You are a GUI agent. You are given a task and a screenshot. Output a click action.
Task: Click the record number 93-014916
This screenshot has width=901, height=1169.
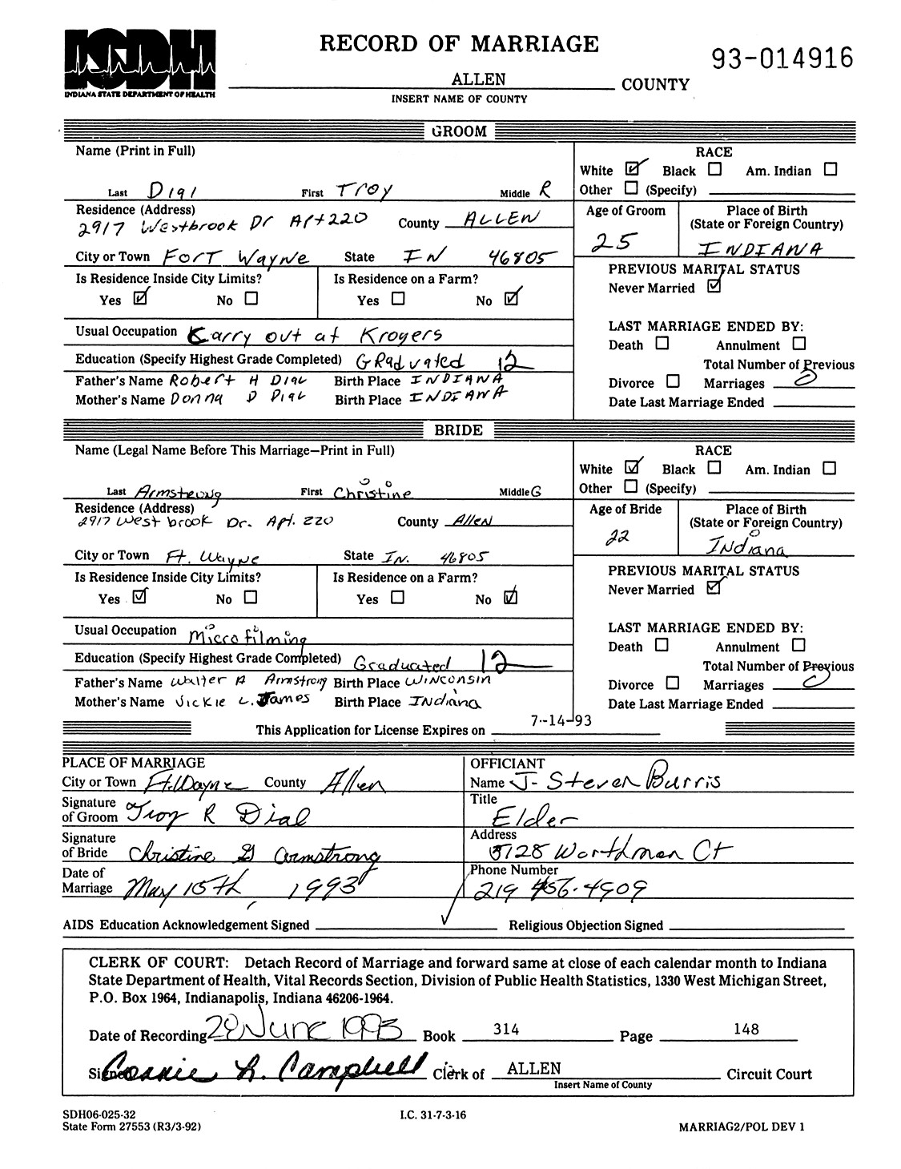(x=781, y=58)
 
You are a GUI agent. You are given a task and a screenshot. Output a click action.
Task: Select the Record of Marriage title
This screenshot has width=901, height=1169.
(x=459, y=43)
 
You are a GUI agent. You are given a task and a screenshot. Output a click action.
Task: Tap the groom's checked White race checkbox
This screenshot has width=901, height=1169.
(x=635, y=169)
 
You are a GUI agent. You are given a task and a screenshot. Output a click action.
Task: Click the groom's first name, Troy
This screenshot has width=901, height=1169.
(x=363, y=189)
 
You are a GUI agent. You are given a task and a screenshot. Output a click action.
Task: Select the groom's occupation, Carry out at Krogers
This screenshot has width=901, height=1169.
(x=313, y=333)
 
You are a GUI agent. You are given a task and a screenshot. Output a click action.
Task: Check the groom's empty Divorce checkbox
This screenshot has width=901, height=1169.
(x=673, y=381)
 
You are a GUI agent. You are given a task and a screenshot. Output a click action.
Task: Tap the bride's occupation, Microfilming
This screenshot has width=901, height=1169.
(x=248, y=635)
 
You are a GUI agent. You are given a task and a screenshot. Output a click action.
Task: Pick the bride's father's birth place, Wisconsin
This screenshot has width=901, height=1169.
(x=447, y=681)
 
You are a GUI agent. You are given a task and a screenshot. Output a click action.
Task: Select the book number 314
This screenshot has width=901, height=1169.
(x=506, y=1029)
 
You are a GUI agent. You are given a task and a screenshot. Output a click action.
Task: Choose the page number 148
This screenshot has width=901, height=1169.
(x=746, y=1028)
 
